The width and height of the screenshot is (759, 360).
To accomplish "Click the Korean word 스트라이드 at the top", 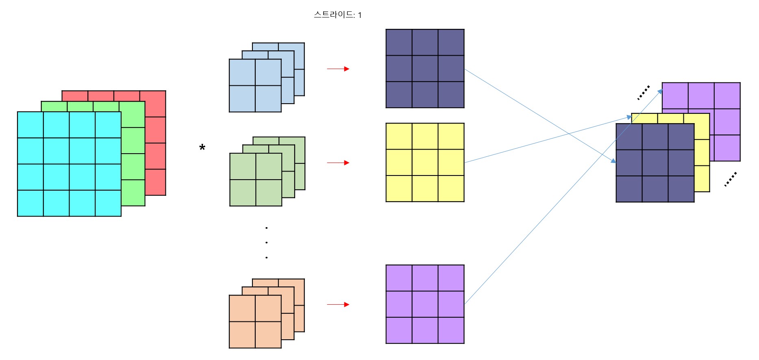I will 334,15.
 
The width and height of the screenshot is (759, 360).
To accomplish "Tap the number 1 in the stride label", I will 360,15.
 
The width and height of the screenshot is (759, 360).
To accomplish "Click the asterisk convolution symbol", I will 202,148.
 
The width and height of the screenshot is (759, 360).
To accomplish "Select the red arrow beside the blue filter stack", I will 338,69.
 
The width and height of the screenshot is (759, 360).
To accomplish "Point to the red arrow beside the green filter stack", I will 338,163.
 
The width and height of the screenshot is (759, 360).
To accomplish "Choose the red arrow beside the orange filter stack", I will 338,305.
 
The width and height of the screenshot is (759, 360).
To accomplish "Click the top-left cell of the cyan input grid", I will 30,125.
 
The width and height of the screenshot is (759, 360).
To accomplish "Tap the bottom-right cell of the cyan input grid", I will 108,203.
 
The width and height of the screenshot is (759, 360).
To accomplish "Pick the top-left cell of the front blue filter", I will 242,72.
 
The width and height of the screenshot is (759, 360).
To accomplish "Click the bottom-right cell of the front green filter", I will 269,193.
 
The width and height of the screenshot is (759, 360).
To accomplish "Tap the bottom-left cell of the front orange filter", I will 242,335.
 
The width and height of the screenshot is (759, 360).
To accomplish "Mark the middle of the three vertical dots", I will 266,243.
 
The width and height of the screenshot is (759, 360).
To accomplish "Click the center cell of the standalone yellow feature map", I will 425,163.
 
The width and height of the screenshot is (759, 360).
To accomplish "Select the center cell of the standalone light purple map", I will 425,304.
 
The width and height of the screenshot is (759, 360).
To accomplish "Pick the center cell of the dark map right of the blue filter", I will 425,69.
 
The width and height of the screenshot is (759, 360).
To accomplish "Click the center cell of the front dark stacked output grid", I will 655,163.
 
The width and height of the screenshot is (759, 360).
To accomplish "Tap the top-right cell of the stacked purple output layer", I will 727,95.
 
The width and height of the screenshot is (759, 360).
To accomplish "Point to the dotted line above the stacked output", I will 643,93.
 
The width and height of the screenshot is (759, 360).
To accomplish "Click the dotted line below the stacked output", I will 731,179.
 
